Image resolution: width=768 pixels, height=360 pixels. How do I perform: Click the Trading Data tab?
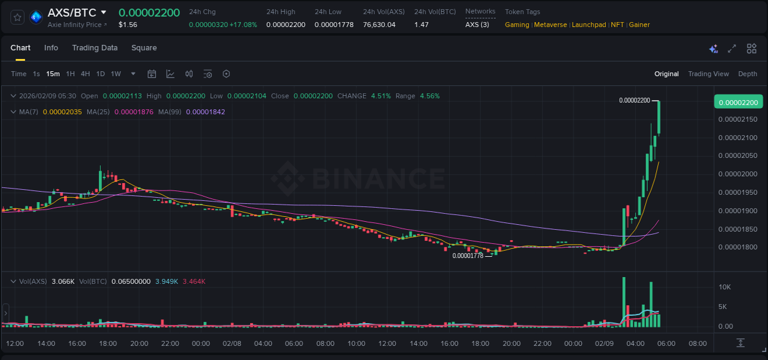coord(95,48)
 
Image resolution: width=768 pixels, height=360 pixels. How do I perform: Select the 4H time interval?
coord(85,74)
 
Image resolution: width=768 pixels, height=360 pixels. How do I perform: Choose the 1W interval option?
coord(116,74)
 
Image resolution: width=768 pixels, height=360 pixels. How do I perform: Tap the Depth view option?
coord(747,74)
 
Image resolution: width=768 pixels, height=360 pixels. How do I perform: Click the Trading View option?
coord(708,74)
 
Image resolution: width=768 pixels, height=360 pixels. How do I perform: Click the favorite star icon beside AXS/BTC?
coord(18,17)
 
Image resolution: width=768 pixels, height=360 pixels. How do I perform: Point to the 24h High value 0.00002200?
coord(285,25)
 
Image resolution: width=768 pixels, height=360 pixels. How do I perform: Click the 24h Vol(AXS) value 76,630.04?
coord(379,25)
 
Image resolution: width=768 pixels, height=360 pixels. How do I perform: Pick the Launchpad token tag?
coord(589,25)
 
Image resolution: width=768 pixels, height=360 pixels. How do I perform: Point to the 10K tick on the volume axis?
coord(725,287)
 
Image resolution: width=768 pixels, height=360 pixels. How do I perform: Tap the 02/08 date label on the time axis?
coord(232,343)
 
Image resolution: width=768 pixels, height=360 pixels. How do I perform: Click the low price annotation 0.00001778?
coord(468,256)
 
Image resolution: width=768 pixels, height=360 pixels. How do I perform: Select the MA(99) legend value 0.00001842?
coord(205,112)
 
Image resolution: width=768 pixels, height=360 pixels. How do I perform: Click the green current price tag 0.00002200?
coord(738,102)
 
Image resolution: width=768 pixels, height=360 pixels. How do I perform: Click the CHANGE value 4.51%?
coord(381,96)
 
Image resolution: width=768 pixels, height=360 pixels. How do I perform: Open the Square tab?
coord(144,48)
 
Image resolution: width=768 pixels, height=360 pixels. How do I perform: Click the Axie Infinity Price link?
coord(77,25)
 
